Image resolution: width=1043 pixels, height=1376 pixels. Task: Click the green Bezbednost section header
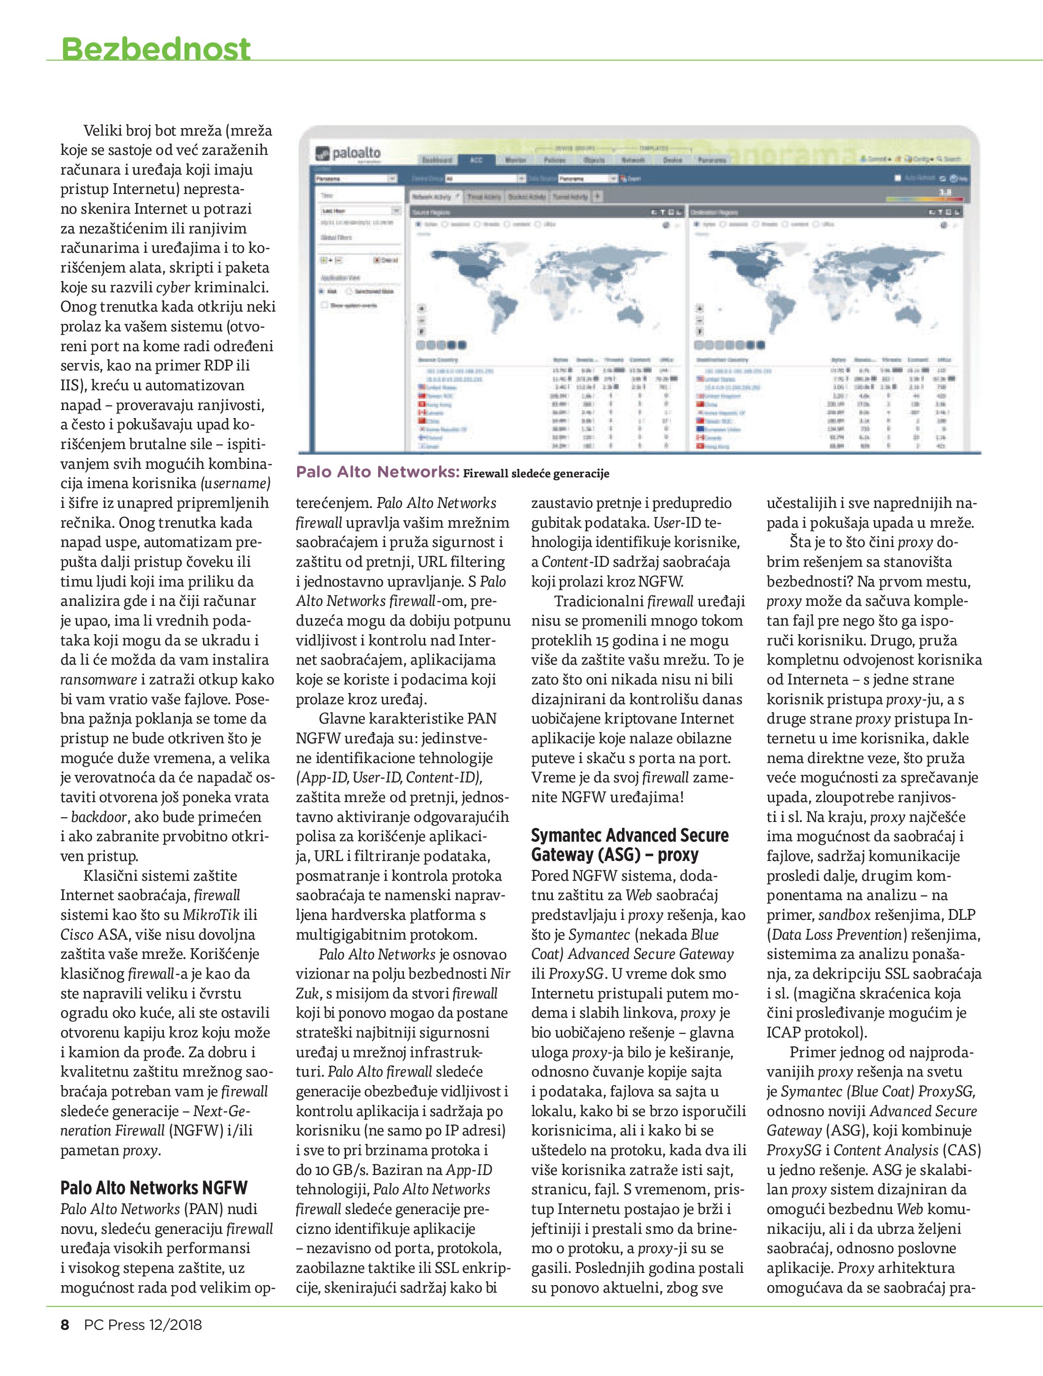[x=155, y=48]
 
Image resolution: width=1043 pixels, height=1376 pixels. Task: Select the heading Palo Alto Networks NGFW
[x=154, y=1188]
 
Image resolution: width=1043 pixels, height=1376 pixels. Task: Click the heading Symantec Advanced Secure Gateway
[x=629, y=845]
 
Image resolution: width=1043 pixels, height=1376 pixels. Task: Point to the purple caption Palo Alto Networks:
[x=377, y=472]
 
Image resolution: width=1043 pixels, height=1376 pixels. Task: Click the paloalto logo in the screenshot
[x=348, y=153]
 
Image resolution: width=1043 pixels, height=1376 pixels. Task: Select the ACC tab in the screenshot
[x=476, y=160]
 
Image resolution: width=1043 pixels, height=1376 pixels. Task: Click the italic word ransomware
[x=98, y=679]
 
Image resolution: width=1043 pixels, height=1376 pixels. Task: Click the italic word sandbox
[x=844, y=914]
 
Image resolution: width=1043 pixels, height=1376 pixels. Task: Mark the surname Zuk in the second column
[x=306, y=993]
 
